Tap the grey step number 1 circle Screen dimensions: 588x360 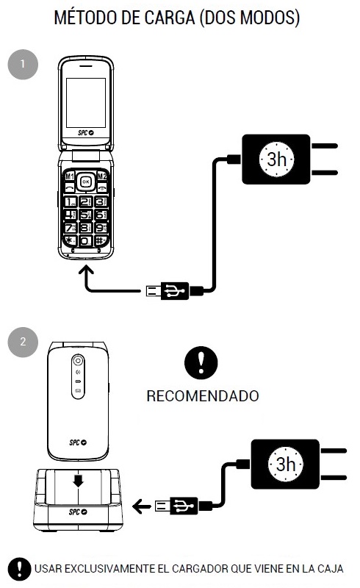click(x=22, y=65)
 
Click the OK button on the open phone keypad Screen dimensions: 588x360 click(x=86, y=182)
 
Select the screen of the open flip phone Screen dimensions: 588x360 click(x=86, y=99)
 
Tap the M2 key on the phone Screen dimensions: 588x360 click(x=103, y=177)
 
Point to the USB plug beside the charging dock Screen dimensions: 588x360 click(x=180, y=505)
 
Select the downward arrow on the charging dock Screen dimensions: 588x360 click(x=79, y=481)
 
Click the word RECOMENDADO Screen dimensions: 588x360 click(x=203, y=396)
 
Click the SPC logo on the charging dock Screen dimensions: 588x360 click(x=79, y=512)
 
